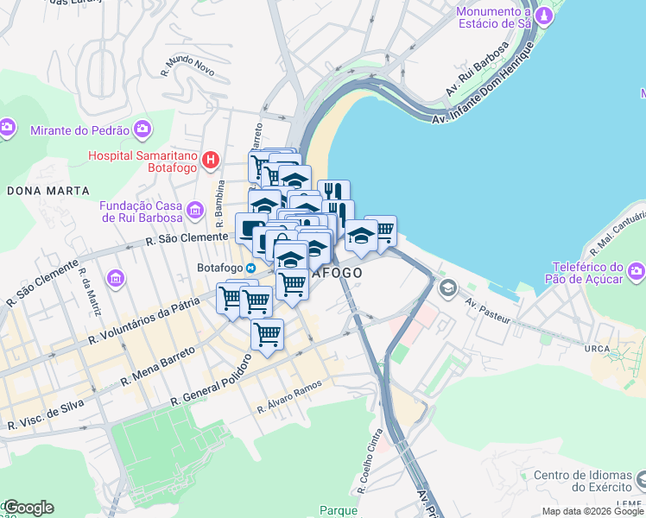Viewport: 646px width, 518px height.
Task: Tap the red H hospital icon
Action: point(210,159)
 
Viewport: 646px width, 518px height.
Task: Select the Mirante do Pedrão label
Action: point(79,130)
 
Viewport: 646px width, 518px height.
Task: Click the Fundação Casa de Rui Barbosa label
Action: point(142,212)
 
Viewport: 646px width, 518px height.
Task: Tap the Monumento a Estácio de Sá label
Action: point(493,18)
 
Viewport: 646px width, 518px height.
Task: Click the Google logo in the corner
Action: point(28,508)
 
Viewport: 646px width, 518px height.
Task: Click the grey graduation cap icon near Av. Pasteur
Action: point(448,287)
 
